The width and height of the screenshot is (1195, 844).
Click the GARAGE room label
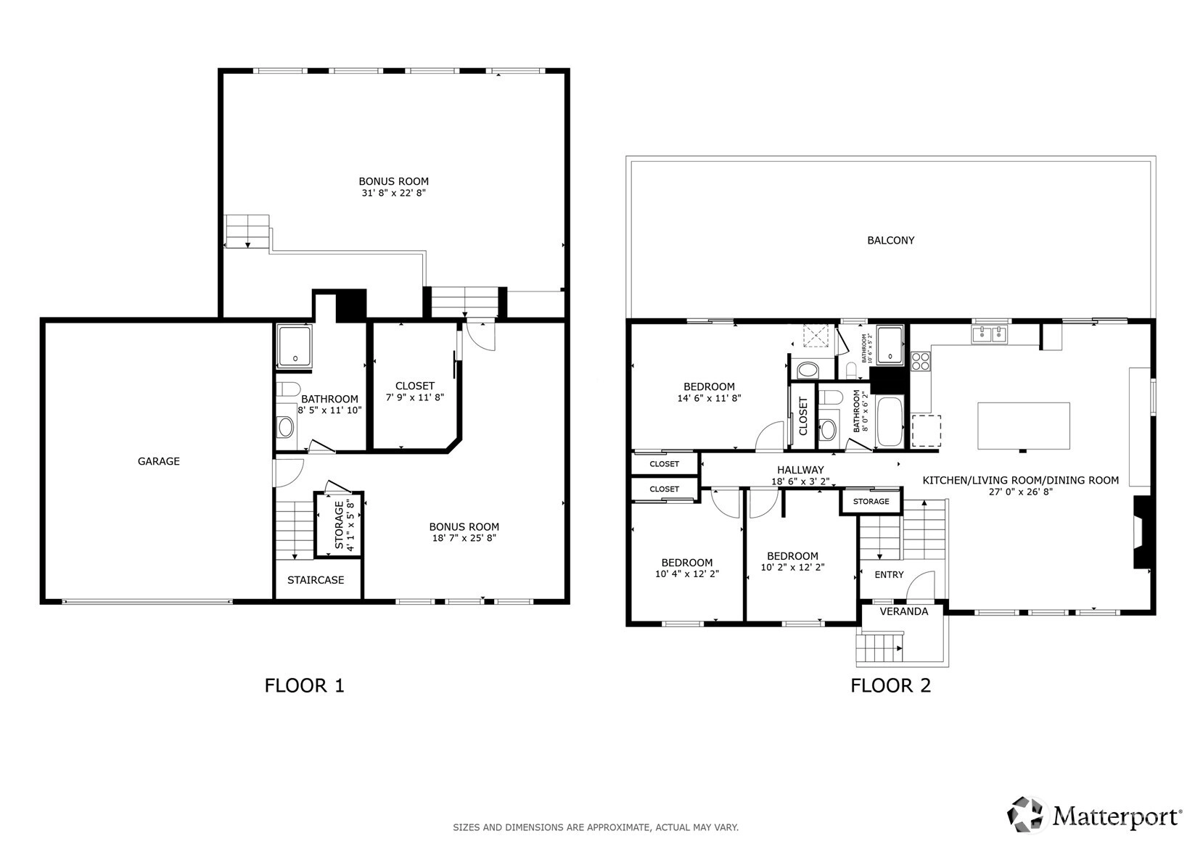pos(158,461)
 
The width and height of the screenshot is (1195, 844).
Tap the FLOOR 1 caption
pos(305,686)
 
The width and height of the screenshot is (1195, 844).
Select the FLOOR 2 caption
pos(890,686)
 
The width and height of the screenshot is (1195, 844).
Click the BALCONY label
pos(890,241)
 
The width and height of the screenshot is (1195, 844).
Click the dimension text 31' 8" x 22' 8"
pos(394,193)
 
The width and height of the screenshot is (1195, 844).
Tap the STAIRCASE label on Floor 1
pos(316,580)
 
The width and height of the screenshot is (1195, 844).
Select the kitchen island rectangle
pos(1023,426)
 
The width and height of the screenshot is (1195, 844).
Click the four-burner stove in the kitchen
pos(920,361)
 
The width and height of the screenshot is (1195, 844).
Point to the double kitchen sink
pos(989,334)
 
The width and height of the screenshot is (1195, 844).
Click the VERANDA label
pos(904,611)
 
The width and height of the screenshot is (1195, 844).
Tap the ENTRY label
pos(889,575)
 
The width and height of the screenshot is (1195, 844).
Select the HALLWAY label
pos(800,470)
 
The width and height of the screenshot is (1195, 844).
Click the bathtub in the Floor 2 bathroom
pos(890,421)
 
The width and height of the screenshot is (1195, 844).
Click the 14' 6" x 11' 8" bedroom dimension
pos(709,398)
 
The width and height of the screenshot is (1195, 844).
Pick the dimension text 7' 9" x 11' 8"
pos(415,397)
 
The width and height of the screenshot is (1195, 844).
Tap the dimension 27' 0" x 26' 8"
pos(1021,492)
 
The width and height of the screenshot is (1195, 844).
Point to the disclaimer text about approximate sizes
pos(596,827)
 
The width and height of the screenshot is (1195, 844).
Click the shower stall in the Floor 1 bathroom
pos(295,347)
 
